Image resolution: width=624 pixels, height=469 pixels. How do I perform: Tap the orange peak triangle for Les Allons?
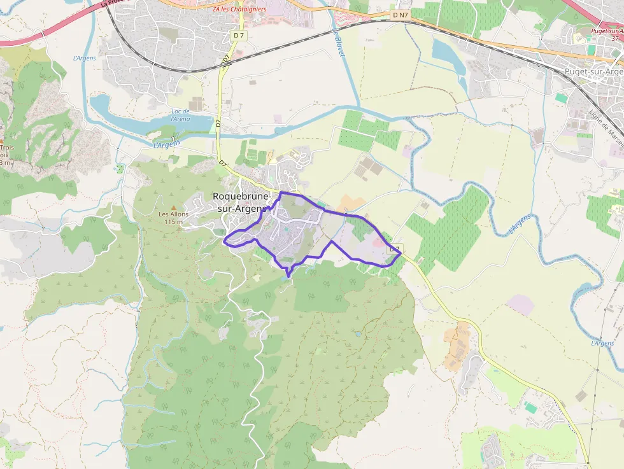coord(173,207)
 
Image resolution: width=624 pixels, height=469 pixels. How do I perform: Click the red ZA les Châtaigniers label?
coord(239,9)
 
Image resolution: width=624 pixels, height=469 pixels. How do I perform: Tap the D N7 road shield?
coord(399,14)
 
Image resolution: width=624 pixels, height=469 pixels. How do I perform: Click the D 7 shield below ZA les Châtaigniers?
coord(239,36)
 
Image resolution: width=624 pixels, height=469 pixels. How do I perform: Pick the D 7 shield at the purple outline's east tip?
coord(395,248)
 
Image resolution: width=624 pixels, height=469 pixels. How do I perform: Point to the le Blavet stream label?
coord(339,43)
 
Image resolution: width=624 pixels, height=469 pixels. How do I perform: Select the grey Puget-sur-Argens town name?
coord(593,71)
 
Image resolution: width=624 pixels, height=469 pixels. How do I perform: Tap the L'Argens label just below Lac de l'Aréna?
coord(167,144)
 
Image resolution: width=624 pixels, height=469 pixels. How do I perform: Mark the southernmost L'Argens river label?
coord(602,344)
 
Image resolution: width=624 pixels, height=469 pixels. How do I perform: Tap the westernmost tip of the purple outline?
coord(224,240)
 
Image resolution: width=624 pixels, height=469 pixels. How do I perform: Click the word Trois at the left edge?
coord(6,147)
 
